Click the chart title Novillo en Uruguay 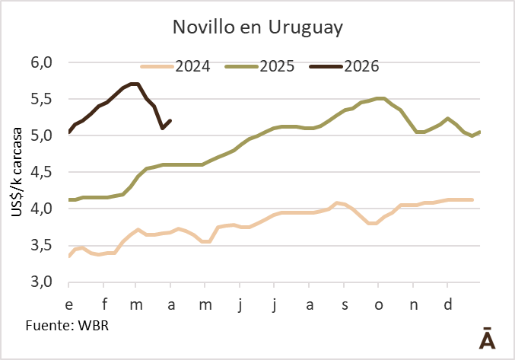click(x=257, y=27)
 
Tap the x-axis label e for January click(x=69, y=304)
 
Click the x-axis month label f click(x=104, y=304)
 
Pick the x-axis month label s click(x=345, y=304)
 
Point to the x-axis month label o click(x=379, y=304)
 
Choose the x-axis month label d click(x=447, y=304)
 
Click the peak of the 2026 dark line click(x=135, y=84)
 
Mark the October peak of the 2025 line click(x=381, y=98)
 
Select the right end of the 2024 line click(x=472, y=199)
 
